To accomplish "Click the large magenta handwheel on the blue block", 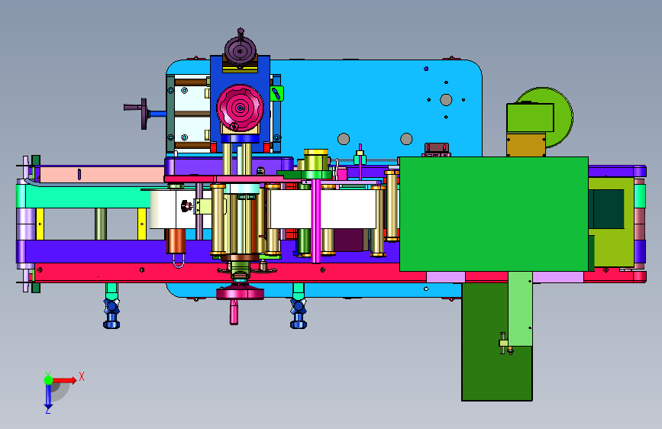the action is [240, 108].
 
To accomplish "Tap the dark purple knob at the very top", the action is [241, 49].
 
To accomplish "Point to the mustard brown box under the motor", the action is [526, 144].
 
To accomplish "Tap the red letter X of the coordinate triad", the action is [82, 376].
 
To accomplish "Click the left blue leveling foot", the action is [111, 313].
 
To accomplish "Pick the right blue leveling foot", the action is [299, 313].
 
